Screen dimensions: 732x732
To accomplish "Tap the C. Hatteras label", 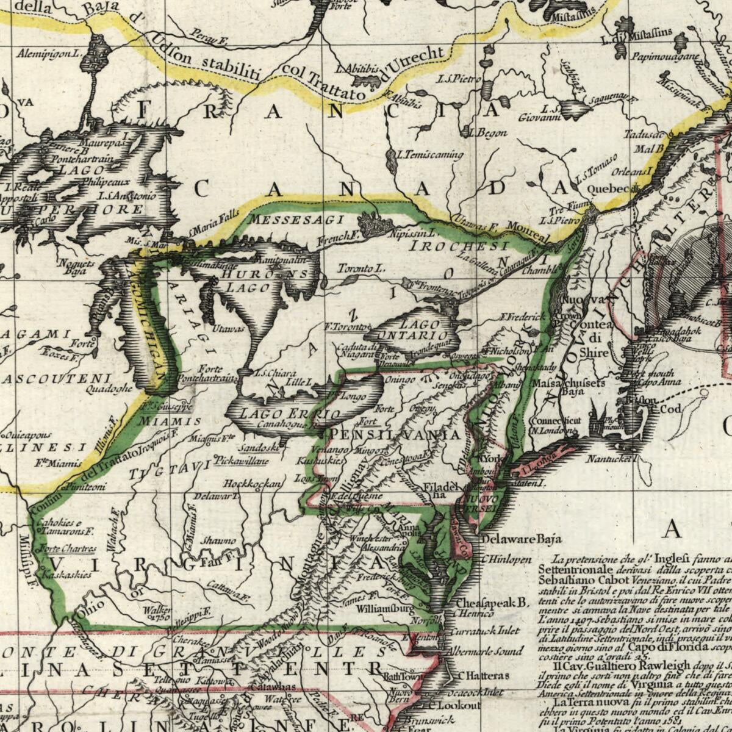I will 483,676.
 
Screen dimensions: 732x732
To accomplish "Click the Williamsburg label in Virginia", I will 385,609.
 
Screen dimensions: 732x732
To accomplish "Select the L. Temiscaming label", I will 430,155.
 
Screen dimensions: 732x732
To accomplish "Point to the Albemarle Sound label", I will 485,651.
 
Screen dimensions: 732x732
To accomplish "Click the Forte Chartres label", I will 66,548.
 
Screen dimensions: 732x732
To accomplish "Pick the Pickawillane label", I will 242,462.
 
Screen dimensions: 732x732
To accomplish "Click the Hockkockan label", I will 252,484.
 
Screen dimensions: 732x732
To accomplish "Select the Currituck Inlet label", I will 483,631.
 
